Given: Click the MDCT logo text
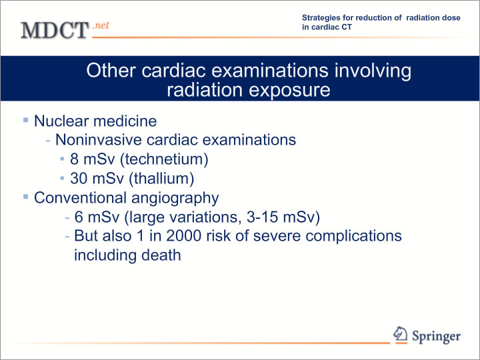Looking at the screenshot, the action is click(55, 30).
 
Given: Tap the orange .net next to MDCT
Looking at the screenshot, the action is click(101, 25).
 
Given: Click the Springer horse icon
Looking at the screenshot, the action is click(401, 334).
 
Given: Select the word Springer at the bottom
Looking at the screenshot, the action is click(436, 336).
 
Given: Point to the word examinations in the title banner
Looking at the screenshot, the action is click(270, 71).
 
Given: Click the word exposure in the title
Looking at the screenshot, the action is click(289, 90).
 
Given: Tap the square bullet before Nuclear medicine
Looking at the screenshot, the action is click(26, 120).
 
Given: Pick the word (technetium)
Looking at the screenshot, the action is click(165, 159).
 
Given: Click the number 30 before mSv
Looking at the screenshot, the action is click(79, 179).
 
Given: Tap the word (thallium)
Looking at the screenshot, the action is click(161, 179).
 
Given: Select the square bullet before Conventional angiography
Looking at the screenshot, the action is click(26, 197).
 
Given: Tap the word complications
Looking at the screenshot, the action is click(353, 236).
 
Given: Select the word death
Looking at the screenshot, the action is click(161, 255).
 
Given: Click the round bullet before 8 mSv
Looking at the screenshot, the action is click(63, 159).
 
